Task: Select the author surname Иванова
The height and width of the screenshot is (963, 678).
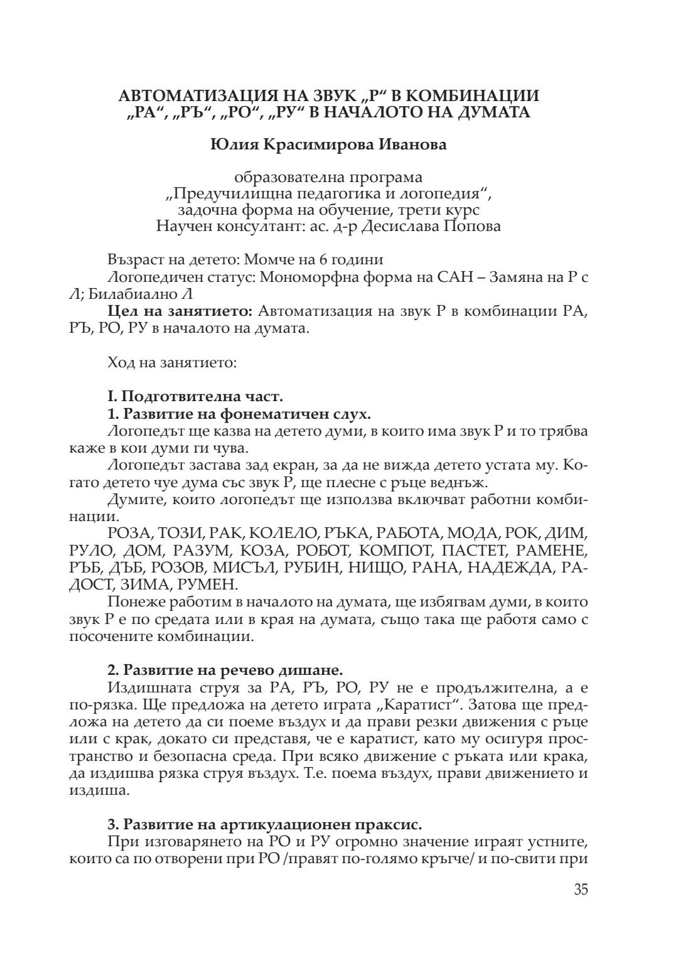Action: tap(412, 145)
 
